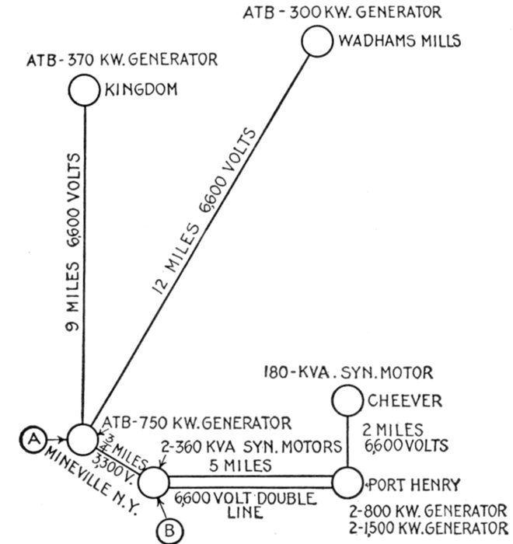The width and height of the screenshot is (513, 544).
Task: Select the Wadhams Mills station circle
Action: (x=317, y=41)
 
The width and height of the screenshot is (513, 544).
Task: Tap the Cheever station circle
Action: (x=347, y=401)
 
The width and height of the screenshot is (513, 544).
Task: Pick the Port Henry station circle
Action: (x=347, y=483)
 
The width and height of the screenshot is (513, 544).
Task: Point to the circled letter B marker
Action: (x=169, y=531)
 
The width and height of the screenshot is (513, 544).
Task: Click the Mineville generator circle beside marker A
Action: (x=82, y=439)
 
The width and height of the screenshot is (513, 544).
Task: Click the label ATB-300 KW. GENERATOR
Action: (x=342, y=12)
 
